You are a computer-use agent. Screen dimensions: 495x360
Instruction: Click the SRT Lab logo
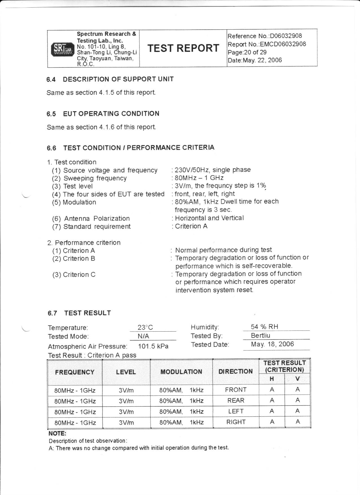click(62, 49)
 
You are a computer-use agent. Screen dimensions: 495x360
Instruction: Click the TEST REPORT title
click(183, 48)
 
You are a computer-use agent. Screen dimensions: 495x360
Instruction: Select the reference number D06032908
click(286, 36)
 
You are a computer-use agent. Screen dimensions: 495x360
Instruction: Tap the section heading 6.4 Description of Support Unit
click(110, 79)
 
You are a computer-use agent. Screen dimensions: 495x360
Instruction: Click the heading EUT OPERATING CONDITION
click(111, 114)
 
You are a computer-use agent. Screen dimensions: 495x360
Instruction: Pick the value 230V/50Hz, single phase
click(213, 170)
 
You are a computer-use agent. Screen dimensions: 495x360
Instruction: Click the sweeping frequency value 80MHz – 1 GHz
click(199, 178)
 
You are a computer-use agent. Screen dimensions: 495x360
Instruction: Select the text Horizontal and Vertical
click(209, 218)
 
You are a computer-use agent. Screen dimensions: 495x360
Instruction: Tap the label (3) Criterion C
click(74, 275)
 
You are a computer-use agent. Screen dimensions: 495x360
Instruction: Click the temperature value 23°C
click(145, 327)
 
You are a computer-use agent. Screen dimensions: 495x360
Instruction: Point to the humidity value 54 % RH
click(264, 327)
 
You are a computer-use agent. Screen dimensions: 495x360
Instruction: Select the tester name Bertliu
click(260, 336)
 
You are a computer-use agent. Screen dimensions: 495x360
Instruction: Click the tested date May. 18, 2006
click(272, 344)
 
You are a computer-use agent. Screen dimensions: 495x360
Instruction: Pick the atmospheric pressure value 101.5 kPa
click(153, 346)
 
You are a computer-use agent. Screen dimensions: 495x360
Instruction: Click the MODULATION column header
click(181, 372)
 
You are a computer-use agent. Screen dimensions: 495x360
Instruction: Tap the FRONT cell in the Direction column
click(236, 390)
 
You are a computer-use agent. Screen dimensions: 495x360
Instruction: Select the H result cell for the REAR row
click(272, 400)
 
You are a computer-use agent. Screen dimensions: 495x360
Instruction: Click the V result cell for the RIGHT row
click(297, 422)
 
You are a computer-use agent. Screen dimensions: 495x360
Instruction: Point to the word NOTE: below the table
click(57, 433)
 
